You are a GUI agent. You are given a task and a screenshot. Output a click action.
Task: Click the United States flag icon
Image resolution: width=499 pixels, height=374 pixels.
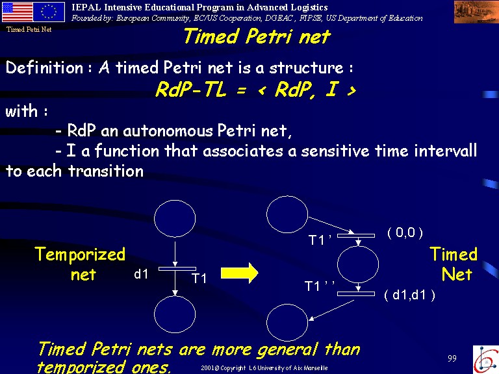point(17,12)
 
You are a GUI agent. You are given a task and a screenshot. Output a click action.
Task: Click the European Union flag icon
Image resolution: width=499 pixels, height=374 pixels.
point(49,12)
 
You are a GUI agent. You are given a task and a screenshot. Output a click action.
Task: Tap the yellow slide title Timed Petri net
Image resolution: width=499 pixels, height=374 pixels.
point(257,36)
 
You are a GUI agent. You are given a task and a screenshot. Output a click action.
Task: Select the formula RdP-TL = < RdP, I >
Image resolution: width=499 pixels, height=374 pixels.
point(255,90)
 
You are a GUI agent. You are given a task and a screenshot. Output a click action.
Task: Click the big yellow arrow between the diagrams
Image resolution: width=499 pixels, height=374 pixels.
point(239,273)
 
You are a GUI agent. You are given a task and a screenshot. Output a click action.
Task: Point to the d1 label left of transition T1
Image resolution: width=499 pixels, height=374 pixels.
point(141,274)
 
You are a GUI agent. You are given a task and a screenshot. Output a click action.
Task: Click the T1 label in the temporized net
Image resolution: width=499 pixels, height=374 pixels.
point(199,279)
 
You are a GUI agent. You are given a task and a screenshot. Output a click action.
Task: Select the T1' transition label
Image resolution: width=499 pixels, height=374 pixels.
point(320,240)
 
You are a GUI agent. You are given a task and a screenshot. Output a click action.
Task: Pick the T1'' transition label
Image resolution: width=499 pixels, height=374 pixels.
point(320,286)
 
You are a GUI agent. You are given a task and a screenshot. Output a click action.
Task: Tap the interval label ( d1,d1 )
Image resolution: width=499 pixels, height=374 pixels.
point(409,295)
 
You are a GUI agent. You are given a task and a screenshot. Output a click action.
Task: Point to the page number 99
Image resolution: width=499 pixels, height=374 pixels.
point(452,358)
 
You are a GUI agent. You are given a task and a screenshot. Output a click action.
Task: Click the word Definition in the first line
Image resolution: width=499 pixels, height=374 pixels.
point(44,68)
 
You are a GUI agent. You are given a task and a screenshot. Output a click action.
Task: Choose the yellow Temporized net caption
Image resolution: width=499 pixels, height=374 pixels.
point(80,264)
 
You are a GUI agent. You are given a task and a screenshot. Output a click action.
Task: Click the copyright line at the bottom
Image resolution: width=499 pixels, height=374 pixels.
point(264,368)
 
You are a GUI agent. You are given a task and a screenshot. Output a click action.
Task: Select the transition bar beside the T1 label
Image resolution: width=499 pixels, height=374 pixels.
point(177,269)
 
